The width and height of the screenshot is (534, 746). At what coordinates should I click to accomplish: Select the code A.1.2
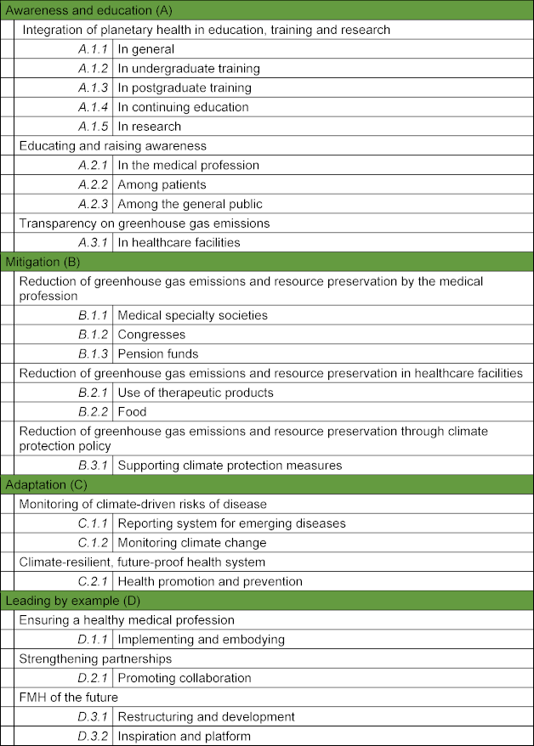[x=93, y=68]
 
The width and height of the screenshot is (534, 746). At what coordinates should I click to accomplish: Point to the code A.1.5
[x=93, y=127]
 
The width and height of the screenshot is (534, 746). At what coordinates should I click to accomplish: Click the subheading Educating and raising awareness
[x=113, y=145]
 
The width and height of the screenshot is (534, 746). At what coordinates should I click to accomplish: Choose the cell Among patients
[x=162, y=184]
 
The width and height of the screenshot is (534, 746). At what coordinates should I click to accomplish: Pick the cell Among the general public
[x=190, y=204]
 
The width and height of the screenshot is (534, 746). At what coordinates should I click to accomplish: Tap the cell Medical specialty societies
[x=192, y=315]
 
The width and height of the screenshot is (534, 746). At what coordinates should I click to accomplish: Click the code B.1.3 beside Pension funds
[x=93, y=353]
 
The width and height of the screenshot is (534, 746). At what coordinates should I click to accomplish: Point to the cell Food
[x=132, y=412]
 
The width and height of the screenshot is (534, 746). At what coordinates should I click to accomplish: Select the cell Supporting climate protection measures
[x=230, y=465]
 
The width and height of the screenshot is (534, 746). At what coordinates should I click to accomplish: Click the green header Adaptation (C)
[x=46, y=484]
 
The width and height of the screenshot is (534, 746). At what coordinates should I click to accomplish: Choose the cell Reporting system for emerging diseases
[x=231, y=523]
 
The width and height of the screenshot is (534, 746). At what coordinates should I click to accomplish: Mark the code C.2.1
[x=93, y=581]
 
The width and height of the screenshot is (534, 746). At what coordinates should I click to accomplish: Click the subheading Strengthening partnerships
[x=95, y=658]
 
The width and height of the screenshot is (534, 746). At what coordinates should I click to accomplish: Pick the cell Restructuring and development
[x=206, y=716]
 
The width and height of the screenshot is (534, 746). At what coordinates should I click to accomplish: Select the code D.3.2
[x=93, y=736]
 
